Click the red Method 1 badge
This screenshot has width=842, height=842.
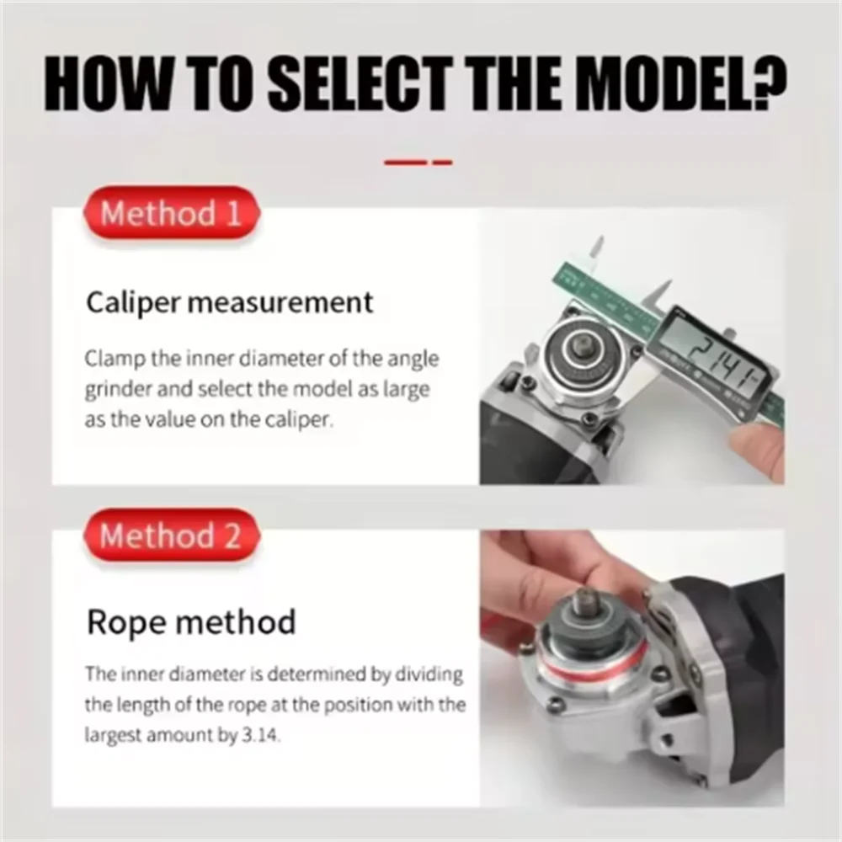tap(171, 213)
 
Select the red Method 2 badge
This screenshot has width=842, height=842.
tap(171, 536)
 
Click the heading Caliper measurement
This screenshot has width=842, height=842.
tap(229, 303)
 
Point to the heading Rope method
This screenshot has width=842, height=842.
tap(191, 622)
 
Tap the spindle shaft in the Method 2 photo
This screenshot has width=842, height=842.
tap(589, 603)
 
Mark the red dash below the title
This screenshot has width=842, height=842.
tap(418, 162)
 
